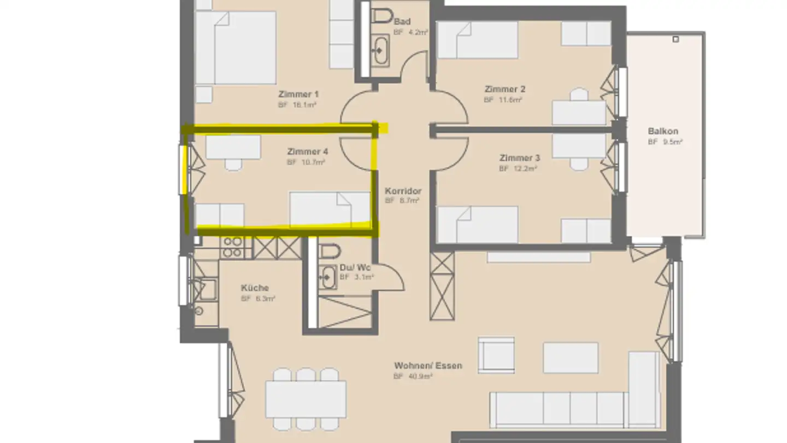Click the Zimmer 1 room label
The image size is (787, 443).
298,94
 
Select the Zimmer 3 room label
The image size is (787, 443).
519,158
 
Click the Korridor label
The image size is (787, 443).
403,191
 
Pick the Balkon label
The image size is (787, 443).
663,131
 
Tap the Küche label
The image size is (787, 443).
255,288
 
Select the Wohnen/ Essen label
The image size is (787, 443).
428,365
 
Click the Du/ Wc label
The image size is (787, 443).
355,267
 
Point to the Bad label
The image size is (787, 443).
402,22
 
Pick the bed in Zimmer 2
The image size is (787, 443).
478,40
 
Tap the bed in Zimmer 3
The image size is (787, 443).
478,224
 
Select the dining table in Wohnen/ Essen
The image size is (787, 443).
306,399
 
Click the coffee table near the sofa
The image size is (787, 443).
571,358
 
